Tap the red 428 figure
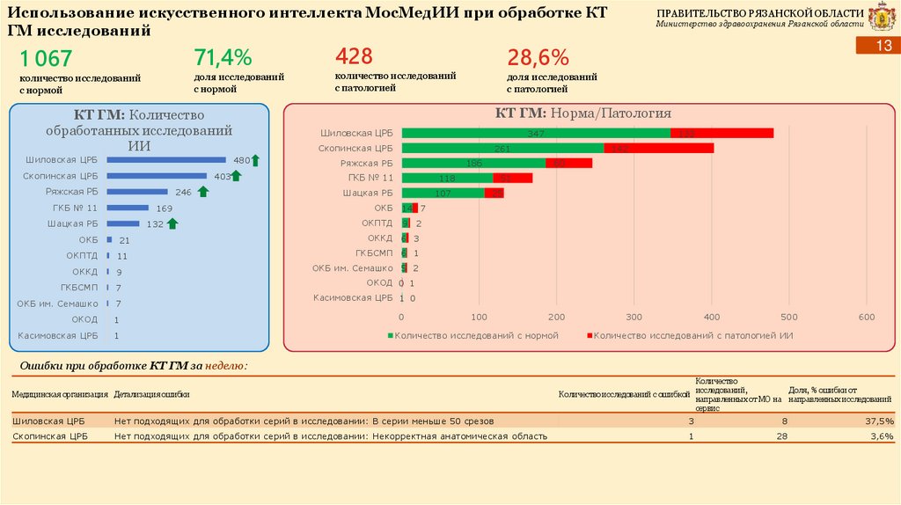click(354, 57)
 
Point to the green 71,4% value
click(223, 58)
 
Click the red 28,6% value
click(538, 58)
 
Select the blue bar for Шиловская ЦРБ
click(166, 160)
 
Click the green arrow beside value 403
click(236, 176)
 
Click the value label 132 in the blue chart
click(154, 224)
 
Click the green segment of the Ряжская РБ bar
click(473, 163)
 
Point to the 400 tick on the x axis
click(711, 317)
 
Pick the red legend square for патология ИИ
click(590, 335)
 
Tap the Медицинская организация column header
click(60, 394)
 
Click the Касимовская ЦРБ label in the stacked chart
click(353, 297)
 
